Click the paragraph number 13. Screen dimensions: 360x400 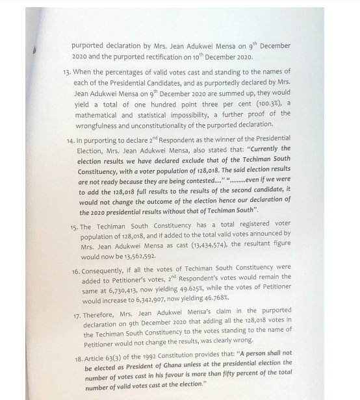(66, 73)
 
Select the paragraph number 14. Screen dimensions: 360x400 (70, 140)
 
